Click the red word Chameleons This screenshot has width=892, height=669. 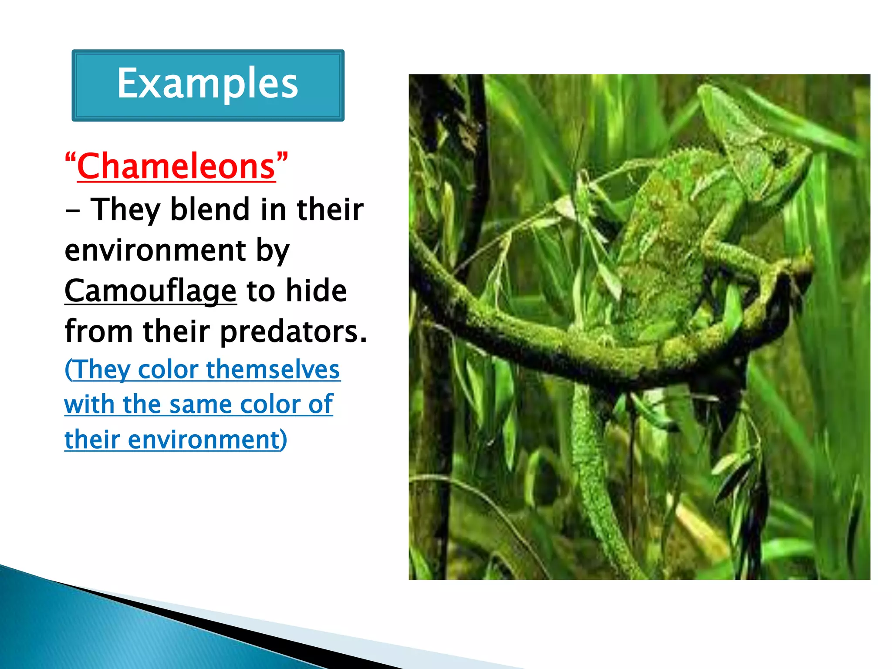pos(176,166)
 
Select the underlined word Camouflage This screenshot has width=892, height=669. pos(150,291)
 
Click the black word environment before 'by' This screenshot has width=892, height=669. pos(155,250)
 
